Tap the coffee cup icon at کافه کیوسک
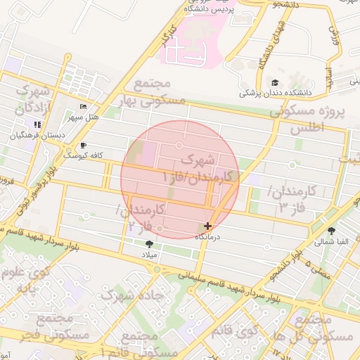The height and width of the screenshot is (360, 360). pyautogui.click(x=84, y=145)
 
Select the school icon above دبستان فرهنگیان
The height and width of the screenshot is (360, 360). pyautogui.click(x=37, y=124)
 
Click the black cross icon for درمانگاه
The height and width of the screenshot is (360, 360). pyautogui.click(x=207, y=226)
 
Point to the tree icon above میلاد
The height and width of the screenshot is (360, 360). pyautogui.click(x=148, y=244)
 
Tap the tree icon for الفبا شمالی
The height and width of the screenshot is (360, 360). pyautogui.click(x=331, y=231)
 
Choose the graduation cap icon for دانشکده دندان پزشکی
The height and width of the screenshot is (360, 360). pyautogui.click(x=275, y=82)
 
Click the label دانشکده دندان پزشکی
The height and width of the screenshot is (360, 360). pyautogui.click(x=275, y=92)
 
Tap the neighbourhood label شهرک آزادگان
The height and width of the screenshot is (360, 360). pyautogui.click(x=32, y=99)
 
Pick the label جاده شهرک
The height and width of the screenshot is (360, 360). pyautogui.click(x=131, y=295)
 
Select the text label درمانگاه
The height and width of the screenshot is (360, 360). pyautogui.click(x=207, y=237)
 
